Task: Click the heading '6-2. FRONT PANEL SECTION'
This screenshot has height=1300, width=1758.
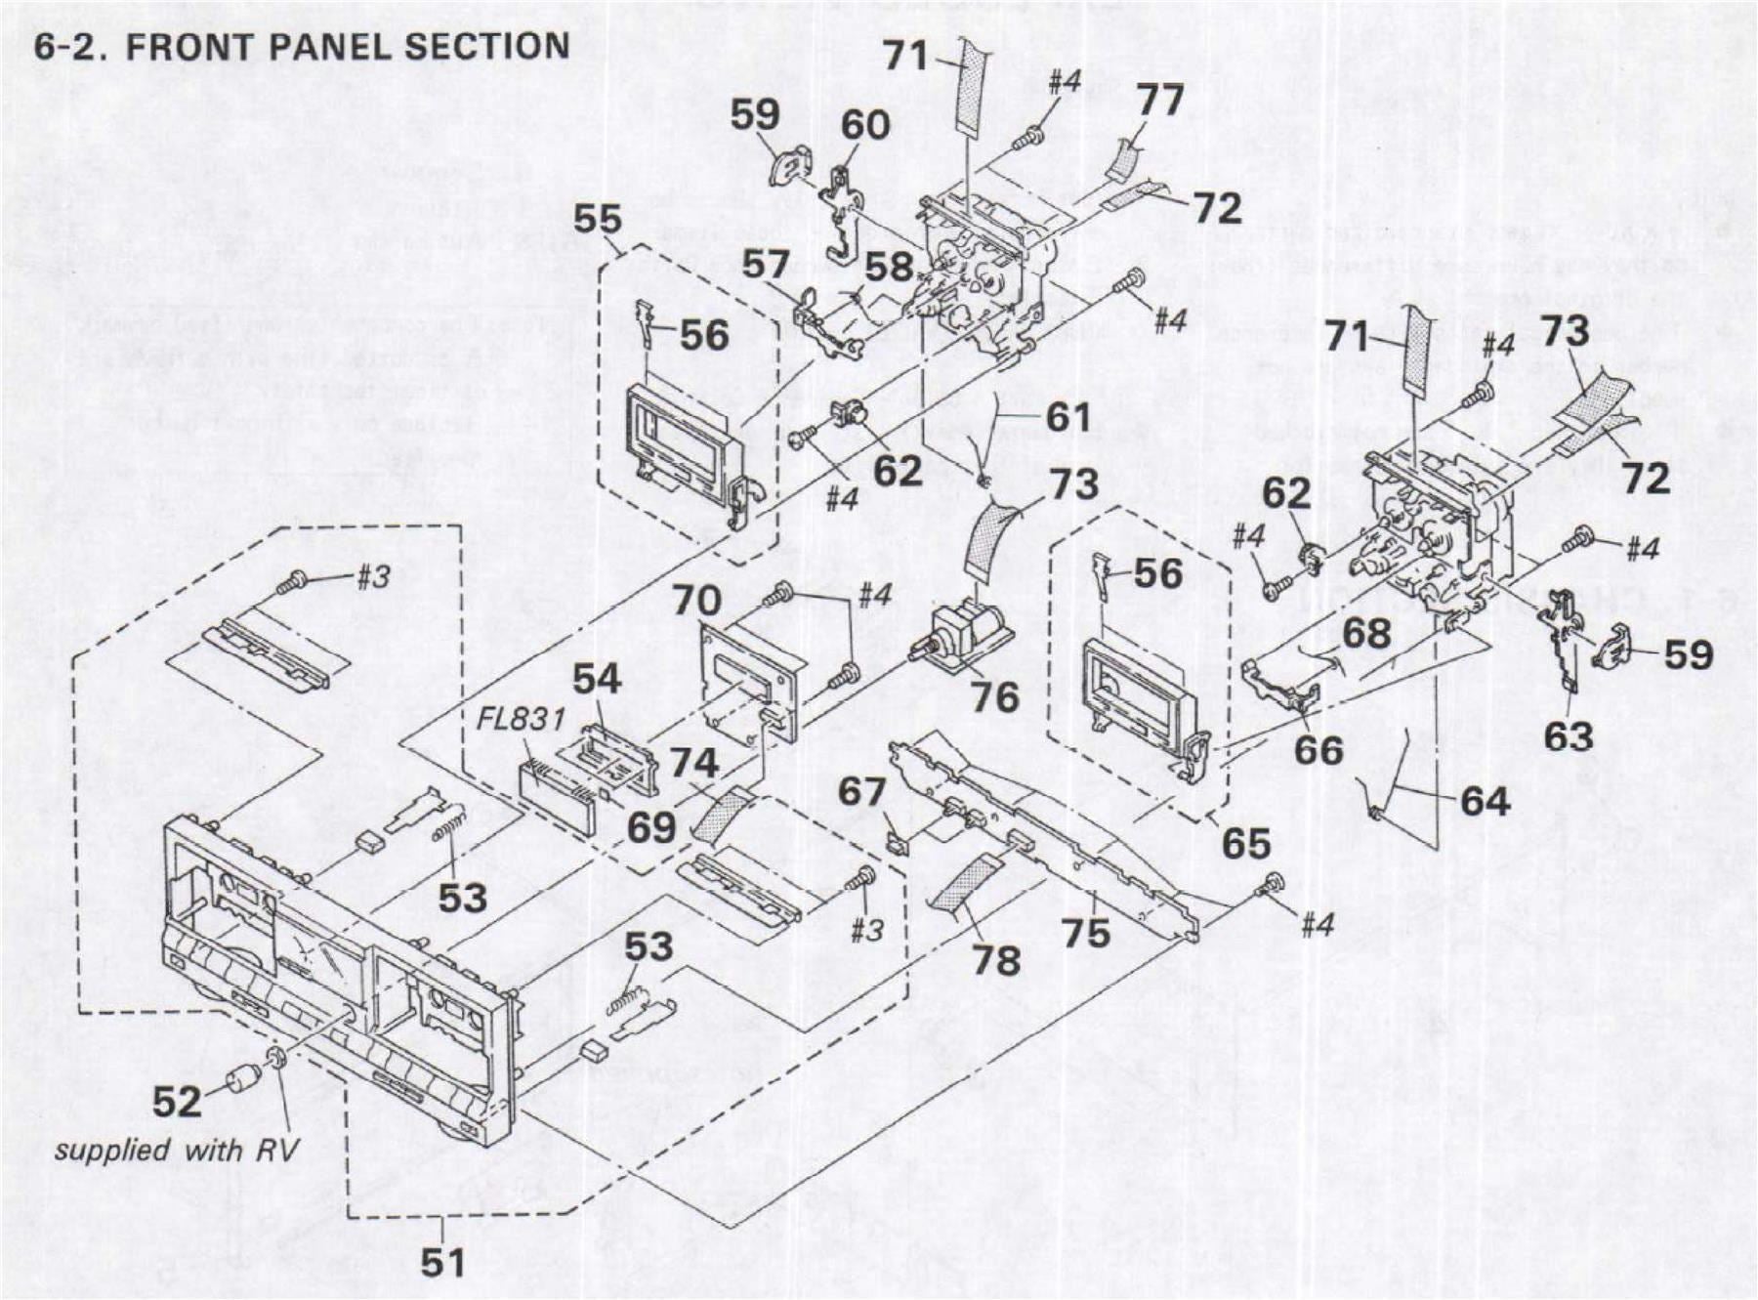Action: [302, 47]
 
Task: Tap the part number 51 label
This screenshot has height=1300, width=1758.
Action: [442, 1263]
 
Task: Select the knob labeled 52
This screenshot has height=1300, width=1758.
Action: [241, 1080]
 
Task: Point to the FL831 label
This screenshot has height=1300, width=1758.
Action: [521, 720]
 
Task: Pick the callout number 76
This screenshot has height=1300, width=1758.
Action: [994, 696]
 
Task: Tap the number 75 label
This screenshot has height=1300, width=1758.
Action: [1086, 932]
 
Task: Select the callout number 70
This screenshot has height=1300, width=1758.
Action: [696, 600]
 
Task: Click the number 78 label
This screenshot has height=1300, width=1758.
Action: [996, 959]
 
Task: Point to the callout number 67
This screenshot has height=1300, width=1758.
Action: [861, 791]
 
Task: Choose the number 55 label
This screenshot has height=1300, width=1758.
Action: [598, 219]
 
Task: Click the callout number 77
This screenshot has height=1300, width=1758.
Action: [1159, 100]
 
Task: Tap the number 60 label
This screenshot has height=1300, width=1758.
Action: [865, 125]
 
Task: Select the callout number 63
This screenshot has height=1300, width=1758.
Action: [1569, 735]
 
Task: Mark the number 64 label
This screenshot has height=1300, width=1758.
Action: [1485, 801]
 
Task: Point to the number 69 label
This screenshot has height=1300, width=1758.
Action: [651, 828]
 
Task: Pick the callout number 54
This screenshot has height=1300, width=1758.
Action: [597, 679]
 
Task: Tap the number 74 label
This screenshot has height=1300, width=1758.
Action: [693, 763]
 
